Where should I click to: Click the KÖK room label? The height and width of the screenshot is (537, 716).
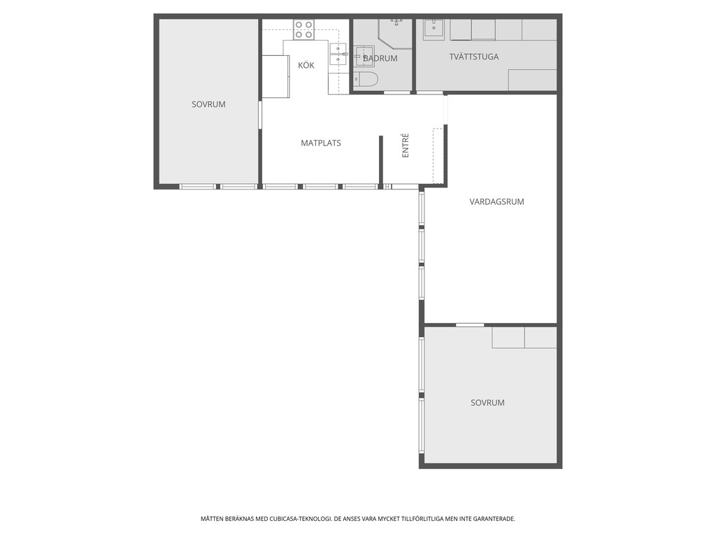[306, 65]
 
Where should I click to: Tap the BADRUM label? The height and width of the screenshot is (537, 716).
[380, 59]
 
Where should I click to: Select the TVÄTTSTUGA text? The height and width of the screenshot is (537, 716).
[473, 57]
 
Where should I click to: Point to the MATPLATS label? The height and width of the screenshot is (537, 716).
[320, 143]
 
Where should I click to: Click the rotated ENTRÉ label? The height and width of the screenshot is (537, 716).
[405, 145]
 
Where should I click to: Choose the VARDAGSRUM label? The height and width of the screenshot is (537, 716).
[496, 201]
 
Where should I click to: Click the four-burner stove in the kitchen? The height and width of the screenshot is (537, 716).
[303, 29]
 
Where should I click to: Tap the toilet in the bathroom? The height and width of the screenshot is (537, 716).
[365, 80]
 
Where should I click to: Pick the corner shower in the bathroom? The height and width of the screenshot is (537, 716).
[395, 34]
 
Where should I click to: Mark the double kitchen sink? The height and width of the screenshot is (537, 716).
[338, 55]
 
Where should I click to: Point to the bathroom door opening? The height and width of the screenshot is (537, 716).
[396, 93]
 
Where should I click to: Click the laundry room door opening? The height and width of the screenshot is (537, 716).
[430, 93]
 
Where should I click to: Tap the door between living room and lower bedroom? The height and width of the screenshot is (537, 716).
[469, 324]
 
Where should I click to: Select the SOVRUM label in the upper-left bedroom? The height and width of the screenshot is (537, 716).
[208, 104]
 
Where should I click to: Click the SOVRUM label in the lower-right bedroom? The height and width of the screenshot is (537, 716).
[487, 403]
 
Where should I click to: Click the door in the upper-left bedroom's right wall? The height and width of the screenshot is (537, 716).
[260, 115]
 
